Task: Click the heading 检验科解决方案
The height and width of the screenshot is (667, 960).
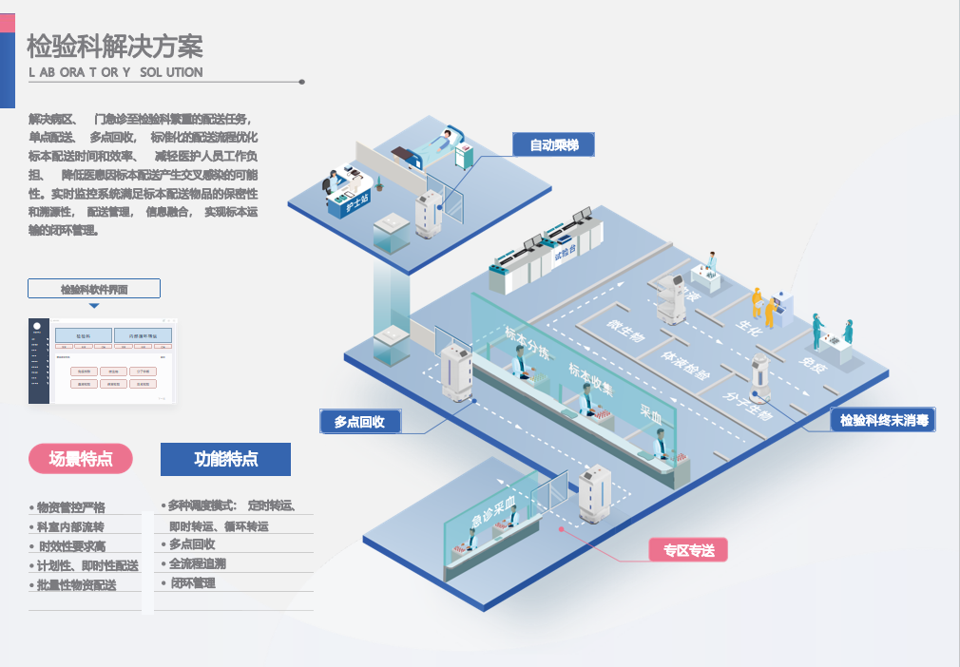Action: click(115, 46)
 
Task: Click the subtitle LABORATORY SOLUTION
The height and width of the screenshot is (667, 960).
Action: click(115, 72)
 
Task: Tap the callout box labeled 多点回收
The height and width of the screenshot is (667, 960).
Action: click(359, 422)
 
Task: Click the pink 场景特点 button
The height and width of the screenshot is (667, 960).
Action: click(81, 459)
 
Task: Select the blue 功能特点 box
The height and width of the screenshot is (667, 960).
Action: click(225, 459)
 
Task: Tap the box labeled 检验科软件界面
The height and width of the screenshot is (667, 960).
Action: click(94, 289)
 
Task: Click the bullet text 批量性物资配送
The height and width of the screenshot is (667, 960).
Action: click(75, 585)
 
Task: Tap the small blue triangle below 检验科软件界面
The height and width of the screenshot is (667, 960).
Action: click(94, 306)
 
